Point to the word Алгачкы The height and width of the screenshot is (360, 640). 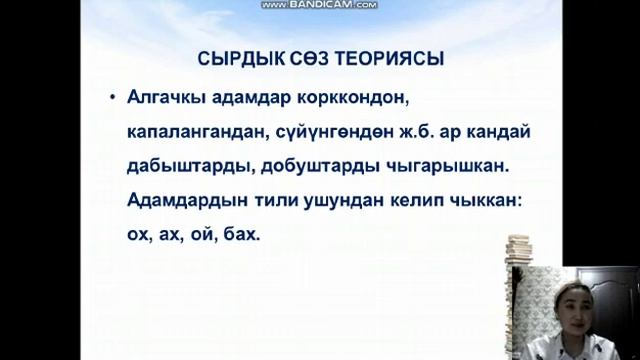166,98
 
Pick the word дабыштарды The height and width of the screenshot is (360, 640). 183,167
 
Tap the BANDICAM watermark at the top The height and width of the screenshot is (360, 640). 319,5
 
